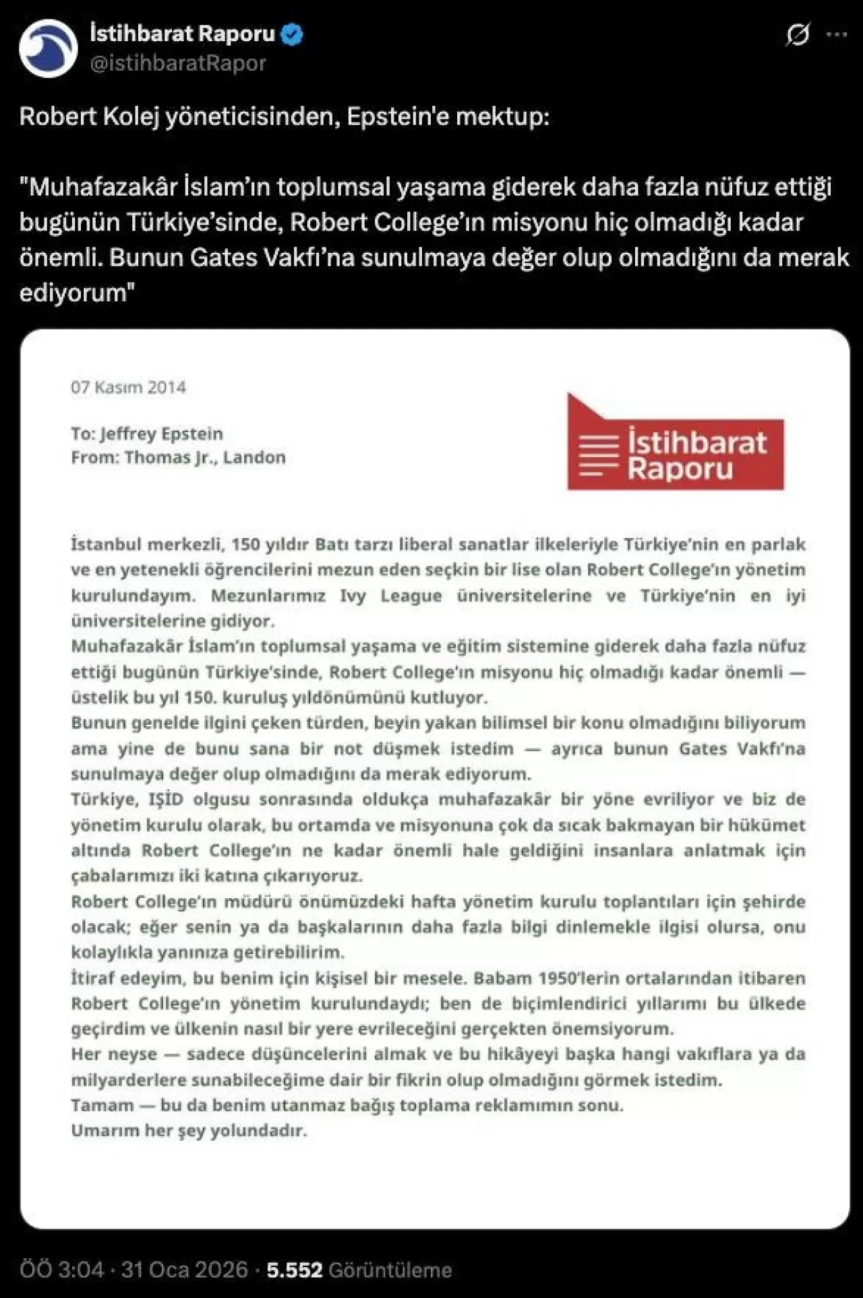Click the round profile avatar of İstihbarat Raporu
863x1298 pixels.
coord(48,48)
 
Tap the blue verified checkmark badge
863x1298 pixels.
coord(292,34)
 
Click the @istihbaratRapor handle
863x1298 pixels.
coord(178,63)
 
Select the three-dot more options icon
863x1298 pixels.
coord(836,35)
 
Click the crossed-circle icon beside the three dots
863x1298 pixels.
coord(798,35)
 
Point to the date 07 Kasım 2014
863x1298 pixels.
coord(128,387)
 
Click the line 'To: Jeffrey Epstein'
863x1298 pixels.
coord(146,434)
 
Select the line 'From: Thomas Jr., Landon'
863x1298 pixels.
coord(178,457)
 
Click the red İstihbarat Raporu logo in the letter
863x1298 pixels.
coord(676,444)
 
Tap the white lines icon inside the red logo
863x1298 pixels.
coord(599,455)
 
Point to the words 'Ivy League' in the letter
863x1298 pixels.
coord(390,595)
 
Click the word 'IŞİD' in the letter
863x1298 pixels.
coord(165,799)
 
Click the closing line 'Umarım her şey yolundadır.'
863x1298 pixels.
coord(189,1130)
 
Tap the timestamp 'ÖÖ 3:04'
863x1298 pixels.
coord(62,1270)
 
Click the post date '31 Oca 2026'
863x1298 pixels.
coord(185,1270)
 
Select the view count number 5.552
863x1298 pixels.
coord(294,1270)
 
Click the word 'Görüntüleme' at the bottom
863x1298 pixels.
coord(390,1270)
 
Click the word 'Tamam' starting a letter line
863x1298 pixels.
coord(102,1105)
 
